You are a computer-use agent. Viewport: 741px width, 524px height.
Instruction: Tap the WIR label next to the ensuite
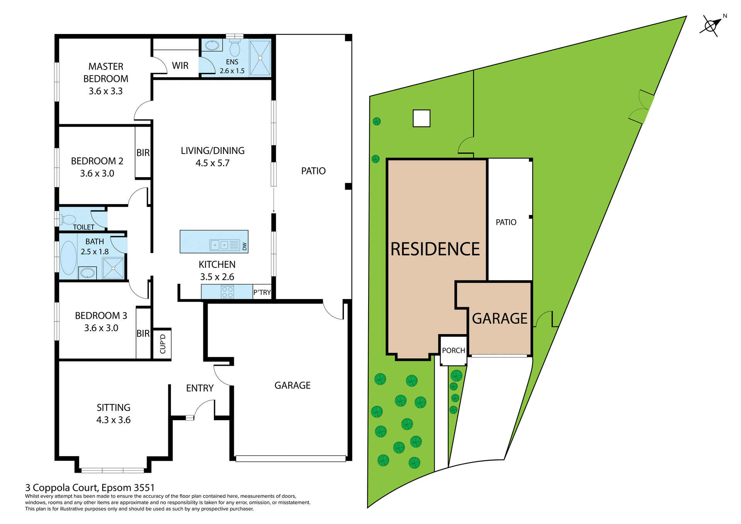(x=180, y=66)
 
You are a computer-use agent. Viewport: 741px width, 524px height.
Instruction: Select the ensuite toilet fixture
(x=235, y=49)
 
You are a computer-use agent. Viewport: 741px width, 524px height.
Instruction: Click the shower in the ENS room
(x=260, y=58)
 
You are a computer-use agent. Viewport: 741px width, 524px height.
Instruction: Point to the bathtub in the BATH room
(x=68, y=258)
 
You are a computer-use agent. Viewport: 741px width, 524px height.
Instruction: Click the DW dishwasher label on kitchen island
(x=244, y=246)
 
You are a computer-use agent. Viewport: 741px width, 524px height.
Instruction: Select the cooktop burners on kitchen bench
(x=227, y=292)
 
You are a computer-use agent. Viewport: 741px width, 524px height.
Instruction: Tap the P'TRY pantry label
(x=262, y=292)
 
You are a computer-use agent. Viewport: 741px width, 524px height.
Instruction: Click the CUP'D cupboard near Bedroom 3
(x=162, y=344)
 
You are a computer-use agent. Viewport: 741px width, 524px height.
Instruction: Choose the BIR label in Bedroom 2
(x=143, y=153)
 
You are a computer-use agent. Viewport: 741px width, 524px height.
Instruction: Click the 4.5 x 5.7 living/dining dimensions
(x=212, y=163)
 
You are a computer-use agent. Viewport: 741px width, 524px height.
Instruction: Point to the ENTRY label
(x=200, y=388)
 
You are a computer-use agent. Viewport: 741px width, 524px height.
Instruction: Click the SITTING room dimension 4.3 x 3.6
(x=113, y=420)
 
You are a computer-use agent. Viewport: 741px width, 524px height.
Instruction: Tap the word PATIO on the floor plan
(x=313, y=171)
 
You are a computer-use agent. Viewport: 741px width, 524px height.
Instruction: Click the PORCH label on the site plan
(x=453, y=350)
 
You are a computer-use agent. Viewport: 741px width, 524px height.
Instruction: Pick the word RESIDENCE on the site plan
(x=435, y=249)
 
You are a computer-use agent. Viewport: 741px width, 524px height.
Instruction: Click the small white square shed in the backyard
(x=421, y=118)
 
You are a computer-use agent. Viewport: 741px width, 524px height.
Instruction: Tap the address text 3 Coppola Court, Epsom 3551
(x=90, y=488)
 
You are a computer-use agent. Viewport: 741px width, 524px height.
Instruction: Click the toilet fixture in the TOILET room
(x=68, y=220)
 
